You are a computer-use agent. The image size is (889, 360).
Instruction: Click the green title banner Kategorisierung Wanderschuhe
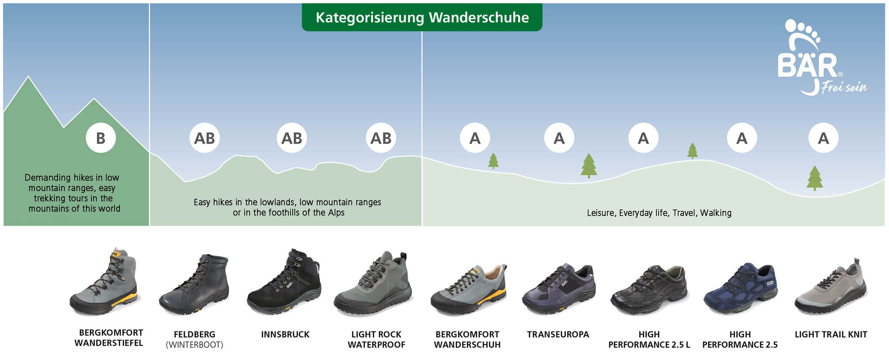pyautogui.click(x=422, y=17)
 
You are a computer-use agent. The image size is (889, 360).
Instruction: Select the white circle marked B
pyautogui.click(x=101, y=138)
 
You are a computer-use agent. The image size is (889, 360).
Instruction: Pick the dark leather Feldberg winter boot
pyautogui.click(x=194, y=285)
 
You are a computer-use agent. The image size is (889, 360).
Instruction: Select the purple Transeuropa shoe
pyautogui.click(x=559, y=289)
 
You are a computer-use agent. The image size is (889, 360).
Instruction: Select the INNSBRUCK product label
pyautogui.click(x=285, y=334)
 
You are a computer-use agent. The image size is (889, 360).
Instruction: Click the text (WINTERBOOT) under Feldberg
pyautogui.click(x=195, y=345)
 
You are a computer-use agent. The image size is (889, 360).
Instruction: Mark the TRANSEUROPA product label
pyautogui.click(x=558, y=334)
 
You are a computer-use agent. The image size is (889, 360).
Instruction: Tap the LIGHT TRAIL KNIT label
pyautogui.click(x=831, y=334)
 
